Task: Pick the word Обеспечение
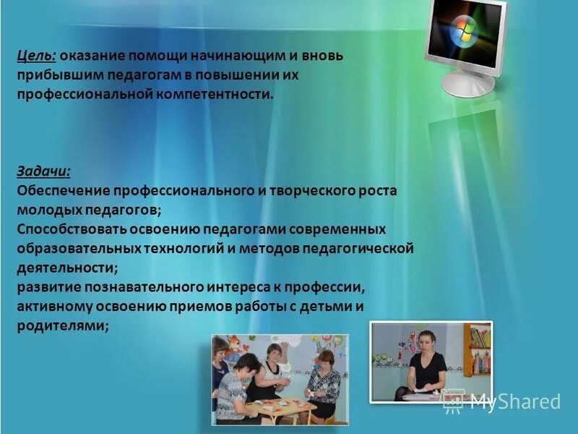pos(61,191)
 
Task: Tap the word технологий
pos(189,249)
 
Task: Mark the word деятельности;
pos(67,268)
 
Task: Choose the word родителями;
pos(63,325)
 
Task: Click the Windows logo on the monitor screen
pos(462,32)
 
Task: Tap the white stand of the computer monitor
pos(468,82)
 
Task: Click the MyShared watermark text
pos(515,401)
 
